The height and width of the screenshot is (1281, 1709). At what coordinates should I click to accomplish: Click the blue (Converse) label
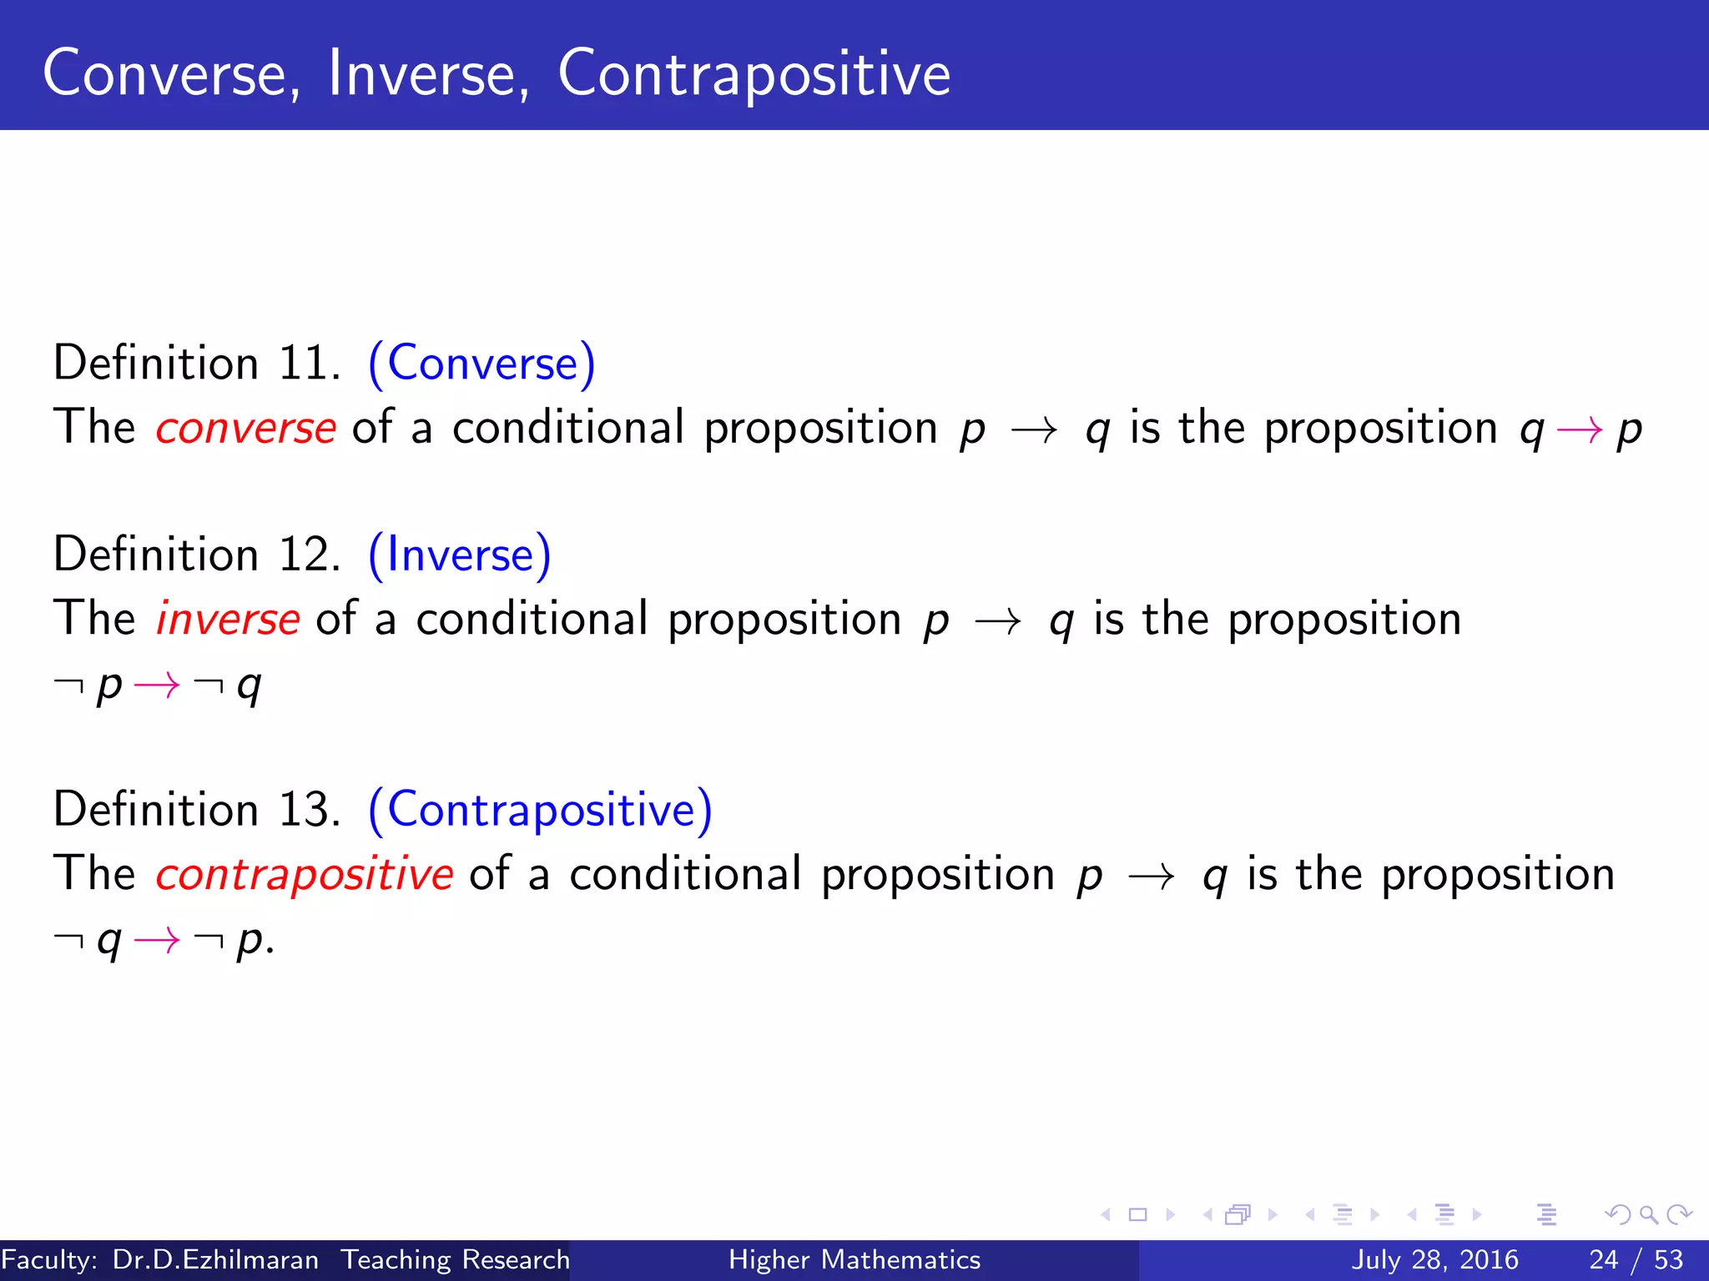click(x=481, y=364)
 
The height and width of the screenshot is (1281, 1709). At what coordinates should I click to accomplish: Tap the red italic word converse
click(x=245, y=429)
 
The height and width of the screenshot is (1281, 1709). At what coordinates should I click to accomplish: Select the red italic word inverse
click(x=227, y=620)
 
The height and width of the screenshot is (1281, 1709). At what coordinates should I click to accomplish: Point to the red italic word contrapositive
click(x=304, y=875)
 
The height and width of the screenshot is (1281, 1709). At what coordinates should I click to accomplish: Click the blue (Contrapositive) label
click(x=540, y=810)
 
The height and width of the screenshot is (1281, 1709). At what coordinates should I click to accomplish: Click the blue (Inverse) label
click(x=459, y=555)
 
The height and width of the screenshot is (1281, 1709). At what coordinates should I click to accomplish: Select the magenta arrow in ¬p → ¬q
click(x=157, y=686)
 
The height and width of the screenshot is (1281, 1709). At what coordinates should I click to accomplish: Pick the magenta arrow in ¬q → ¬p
click(x=157, y=941)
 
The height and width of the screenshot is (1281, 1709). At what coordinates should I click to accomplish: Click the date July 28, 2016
click(x=1434, y=1259)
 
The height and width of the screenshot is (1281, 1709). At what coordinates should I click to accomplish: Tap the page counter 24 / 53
click(x=1636, y=1259)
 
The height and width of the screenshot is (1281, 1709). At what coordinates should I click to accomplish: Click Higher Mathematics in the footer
click(x=854, y=1259)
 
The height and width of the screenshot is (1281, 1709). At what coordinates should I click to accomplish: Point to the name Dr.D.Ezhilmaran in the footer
click(x=215, y=1259)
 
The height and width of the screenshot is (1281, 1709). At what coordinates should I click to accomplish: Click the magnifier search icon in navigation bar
click(x=1648, y=1215)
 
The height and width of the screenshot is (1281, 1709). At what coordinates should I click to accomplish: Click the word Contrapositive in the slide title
click(x=754, y=73)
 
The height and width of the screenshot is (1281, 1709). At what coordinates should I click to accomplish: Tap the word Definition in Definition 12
click(x=156, y=555)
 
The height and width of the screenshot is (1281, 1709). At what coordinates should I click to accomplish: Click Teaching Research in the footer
click(x=456, y=1259)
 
